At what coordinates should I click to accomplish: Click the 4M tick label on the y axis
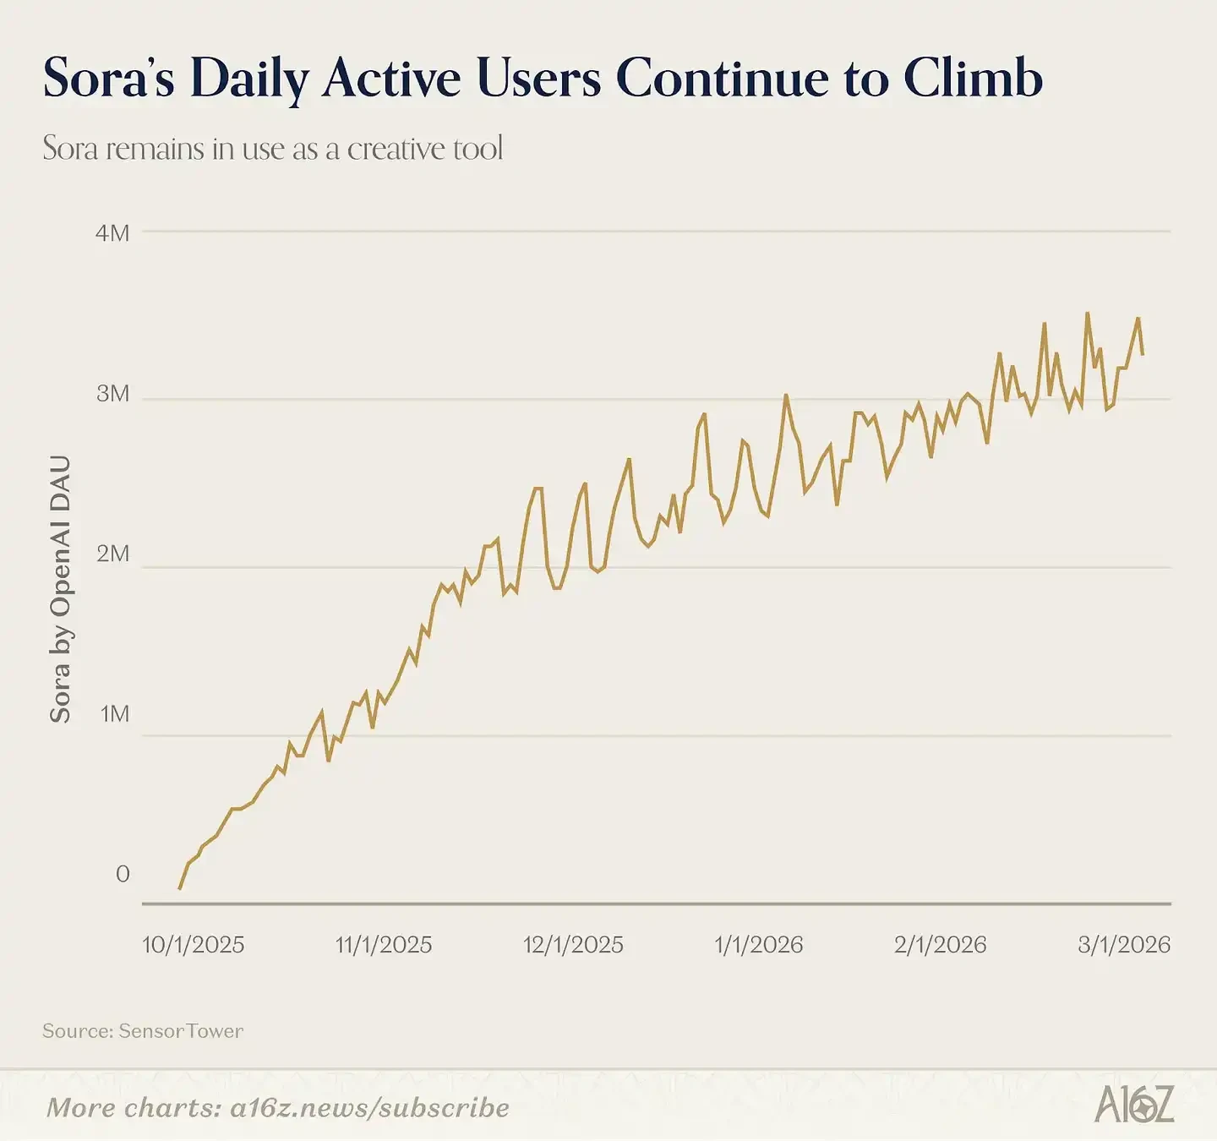pyautogui.click(x=112, y=232)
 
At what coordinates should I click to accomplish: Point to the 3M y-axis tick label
pyautogui.click(x=112, y=393)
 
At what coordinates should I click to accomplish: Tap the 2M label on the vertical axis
pyautogui.click(x=112, y=554)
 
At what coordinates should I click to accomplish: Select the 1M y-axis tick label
pyautogui.click(x=114, y=714)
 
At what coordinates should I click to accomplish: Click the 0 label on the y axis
pyautogui.click(x=123, y=874)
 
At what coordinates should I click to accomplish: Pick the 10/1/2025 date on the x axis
pyautogui.click(x=193, y=944)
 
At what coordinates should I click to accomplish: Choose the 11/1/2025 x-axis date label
pyautogui.click(x=384, y=944)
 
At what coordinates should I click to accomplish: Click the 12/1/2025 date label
pyautogui.click(x=573, y=944)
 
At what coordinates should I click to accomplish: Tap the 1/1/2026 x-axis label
pyautogui.click(x=758, y=944)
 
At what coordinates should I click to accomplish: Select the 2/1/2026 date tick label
pyautogui.click(x=940, y=944)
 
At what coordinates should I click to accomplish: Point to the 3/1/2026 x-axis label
pyautogui.click(x=1124, y=944)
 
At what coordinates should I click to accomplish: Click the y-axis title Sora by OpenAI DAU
pyautogui.click(x=60, y=589)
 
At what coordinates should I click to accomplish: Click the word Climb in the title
pyautogui.click(x=973, y=79)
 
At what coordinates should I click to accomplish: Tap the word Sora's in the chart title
pyautogui.click(x=108, y=79)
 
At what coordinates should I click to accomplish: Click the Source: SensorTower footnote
pyautogui.click(x=143, y=1031)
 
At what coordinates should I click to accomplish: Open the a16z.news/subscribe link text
pyautogui.click(x=369, y=1107)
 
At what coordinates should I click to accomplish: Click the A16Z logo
pyautogui.click(x=1134, y=1105)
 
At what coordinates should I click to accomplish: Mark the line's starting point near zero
pyautogui.click(x=179, y=888)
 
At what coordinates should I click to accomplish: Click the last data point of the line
pyautogui.click(x=1143, y=354)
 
